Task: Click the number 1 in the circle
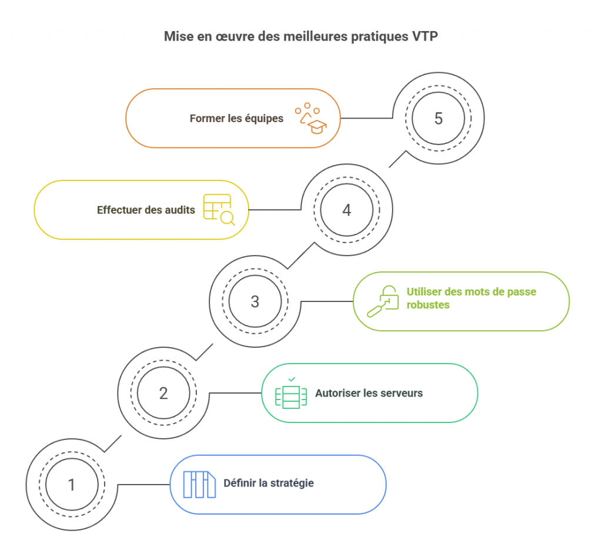click(x=72, y=485)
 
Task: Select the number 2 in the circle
click(x=163, y=393)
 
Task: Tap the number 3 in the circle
click(x=255, y=301)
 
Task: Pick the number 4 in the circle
click(x=347, y=210)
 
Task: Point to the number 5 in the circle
click(x=439, y=118)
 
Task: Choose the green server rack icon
click(x=291, y=393)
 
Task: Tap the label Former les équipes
click(x=236, y=118)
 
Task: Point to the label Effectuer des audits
click(x=146, y=210)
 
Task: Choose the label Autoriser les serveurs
click(x=369, y=393)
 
